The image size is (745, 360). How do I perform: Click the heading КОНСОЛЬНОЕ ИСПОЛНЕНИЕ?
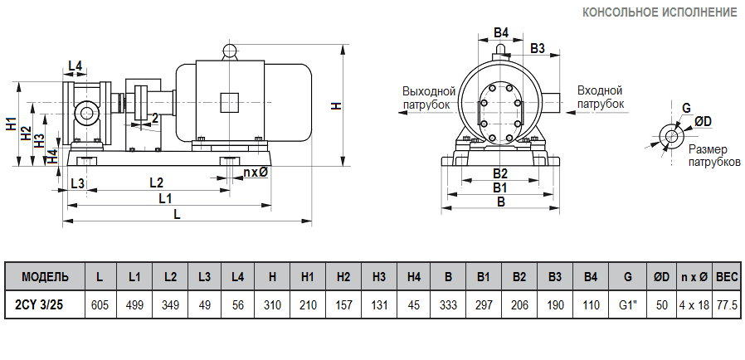660,12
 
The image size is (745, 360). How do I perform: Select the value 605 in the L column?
100,305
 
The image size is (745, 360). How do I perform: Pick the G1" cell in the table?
627,305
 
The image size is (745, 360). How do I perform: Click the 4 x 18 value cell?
694,305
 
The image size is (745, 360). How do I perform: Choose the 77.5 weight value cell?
728,305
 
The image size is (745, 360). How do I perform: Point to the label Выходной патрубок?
429,97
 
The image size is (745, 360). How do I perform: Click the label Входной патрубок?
600,97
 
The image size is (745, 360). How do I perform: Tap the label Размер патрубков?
713,155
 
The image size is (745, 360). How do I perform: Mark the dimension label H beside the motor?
335,105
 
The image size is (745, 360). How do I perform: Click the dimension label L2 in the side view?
156,182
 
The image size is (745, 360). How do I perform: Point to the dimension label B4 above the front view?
500,33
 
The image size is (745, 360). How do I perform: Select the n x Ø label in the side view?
256,173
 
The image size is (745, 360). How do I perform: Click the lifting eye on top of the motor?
230,51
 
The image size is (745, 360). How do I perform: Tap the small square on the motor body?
230,102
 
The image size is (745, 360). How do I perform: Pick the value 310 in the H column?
272,305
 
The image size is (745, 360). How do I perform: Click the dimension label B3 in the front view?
537,49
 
